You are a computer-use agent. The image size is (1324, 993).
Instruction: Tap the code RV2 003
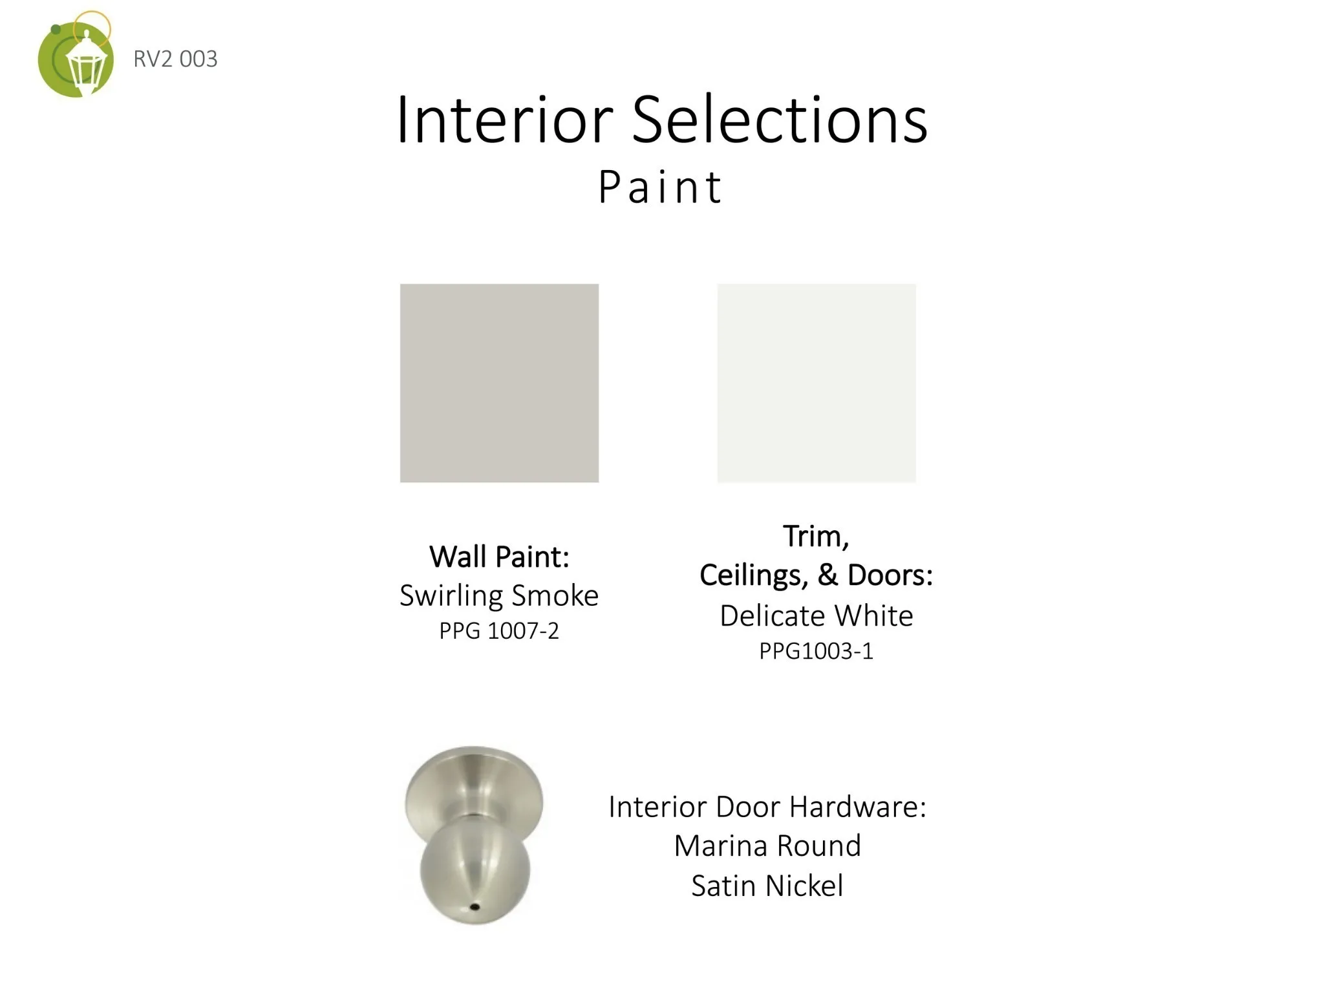pos(175,59)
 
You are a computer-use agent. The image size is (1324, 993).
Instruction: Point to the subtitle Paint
pos(659,187)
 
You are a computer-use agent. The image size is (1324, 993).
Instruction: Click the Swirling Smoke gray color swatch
pos(499,383)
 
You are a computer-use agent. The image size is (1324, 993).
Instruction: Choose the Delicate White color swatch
pos(817,383)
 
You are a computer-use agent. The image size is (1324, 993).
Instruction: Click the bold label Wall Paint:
pos(499,557)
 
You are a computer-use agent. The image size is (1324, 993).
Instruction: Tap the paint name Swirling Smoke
pos(499,595)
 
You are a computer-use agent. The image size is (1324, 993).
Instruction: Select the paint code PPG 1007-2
pos(499,630)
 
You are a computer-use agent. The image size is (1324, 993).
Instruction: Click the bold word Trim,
pos(816,537)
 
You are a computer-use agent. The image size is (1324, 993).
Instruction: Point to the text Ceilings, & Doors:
pos(817,575)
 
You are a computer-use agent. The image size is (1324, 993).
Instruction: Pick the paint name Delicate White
pos(817,615)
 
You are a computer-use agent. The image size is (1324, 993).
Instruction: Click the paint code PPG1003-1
pos(817,651)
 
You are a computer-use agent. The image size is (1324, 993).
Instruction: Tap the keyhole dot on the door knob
pos(475,907)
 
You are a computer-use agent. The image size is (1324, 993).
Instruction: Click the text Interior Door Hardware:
pos(767,807)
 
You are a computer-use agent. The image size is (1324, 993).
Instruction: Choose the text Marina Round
pos(767,846)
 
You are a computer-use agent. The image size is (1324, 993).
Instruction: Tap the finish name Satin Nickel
pos(767,886)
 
